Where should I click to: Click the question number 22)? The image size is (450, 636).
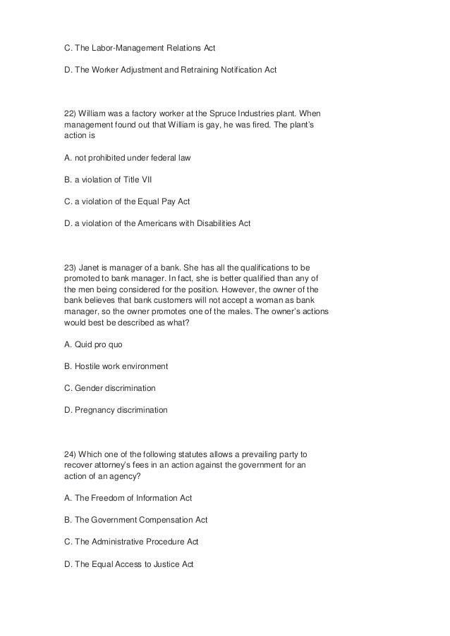(x=71, y=113)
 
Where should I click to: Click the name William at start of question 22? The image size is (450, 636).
(x=96, y=113)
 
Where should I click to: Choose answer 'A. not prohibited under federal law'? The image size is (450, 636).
(x=127, y=158)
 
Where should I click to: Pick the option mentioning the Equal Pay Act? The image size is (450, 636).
(x=127, y=201)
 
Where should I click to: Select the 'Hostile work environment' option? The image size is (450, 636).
(x=116, y=366)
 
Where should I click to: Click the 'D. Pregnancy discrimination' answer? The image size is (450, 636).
(x=116, y=410)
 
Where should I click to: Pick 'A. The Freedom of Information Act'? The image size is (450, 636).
(x=128, y=498)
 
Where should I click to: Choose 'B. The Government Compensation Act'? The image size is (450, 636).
(x=135, y=520)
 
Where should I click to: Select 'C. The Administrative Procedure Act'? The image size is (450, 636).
(x=132, y=542)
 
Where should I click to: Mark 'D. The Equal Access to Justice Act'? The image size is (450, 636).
(x=128, y=564)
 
